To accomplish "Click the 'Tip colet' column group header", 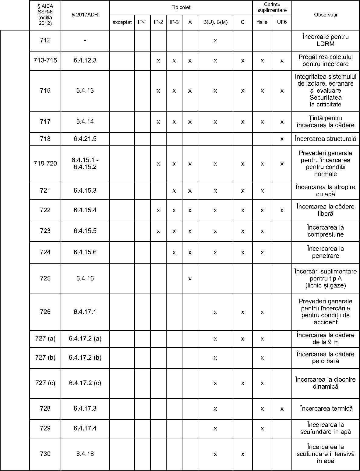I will pos(181,7).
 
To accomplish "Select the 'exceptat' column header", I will pos(122,22).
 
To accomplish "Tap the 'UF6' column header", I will pos(282,22).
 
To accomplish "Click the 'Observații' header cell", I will pos(326,15).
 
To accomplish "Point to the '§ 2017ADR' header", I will pos(85,15).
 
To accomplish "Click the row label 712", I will pos(45,40).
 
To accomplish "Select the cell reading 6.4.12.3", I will pos(85,60).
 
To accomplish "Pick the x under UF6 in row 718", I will pos(282,139).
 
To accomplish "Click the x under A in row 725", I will pos(190,279).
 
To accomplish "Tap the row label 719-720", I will pos(45,163).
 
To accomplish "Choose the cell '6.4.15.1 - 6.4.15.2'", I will pos(85,163).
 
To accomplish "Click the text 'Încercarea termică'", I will pos(326,409).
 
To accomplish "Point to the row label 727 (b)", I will pos(45,358).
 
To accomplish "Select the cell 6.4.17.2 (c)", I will pos(85,383).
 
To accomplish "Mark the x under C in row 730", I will pos(243,454).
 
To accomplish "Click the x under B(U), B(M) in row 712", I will pos(215,41).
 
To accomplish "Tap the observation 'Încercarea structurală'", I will pos(326,139).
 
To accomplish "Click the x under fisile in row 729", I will pos(262,429).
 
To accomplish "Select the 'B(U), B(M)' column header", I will pos(215,22).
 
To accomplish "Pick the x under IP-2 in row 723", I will pos(158,231).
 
